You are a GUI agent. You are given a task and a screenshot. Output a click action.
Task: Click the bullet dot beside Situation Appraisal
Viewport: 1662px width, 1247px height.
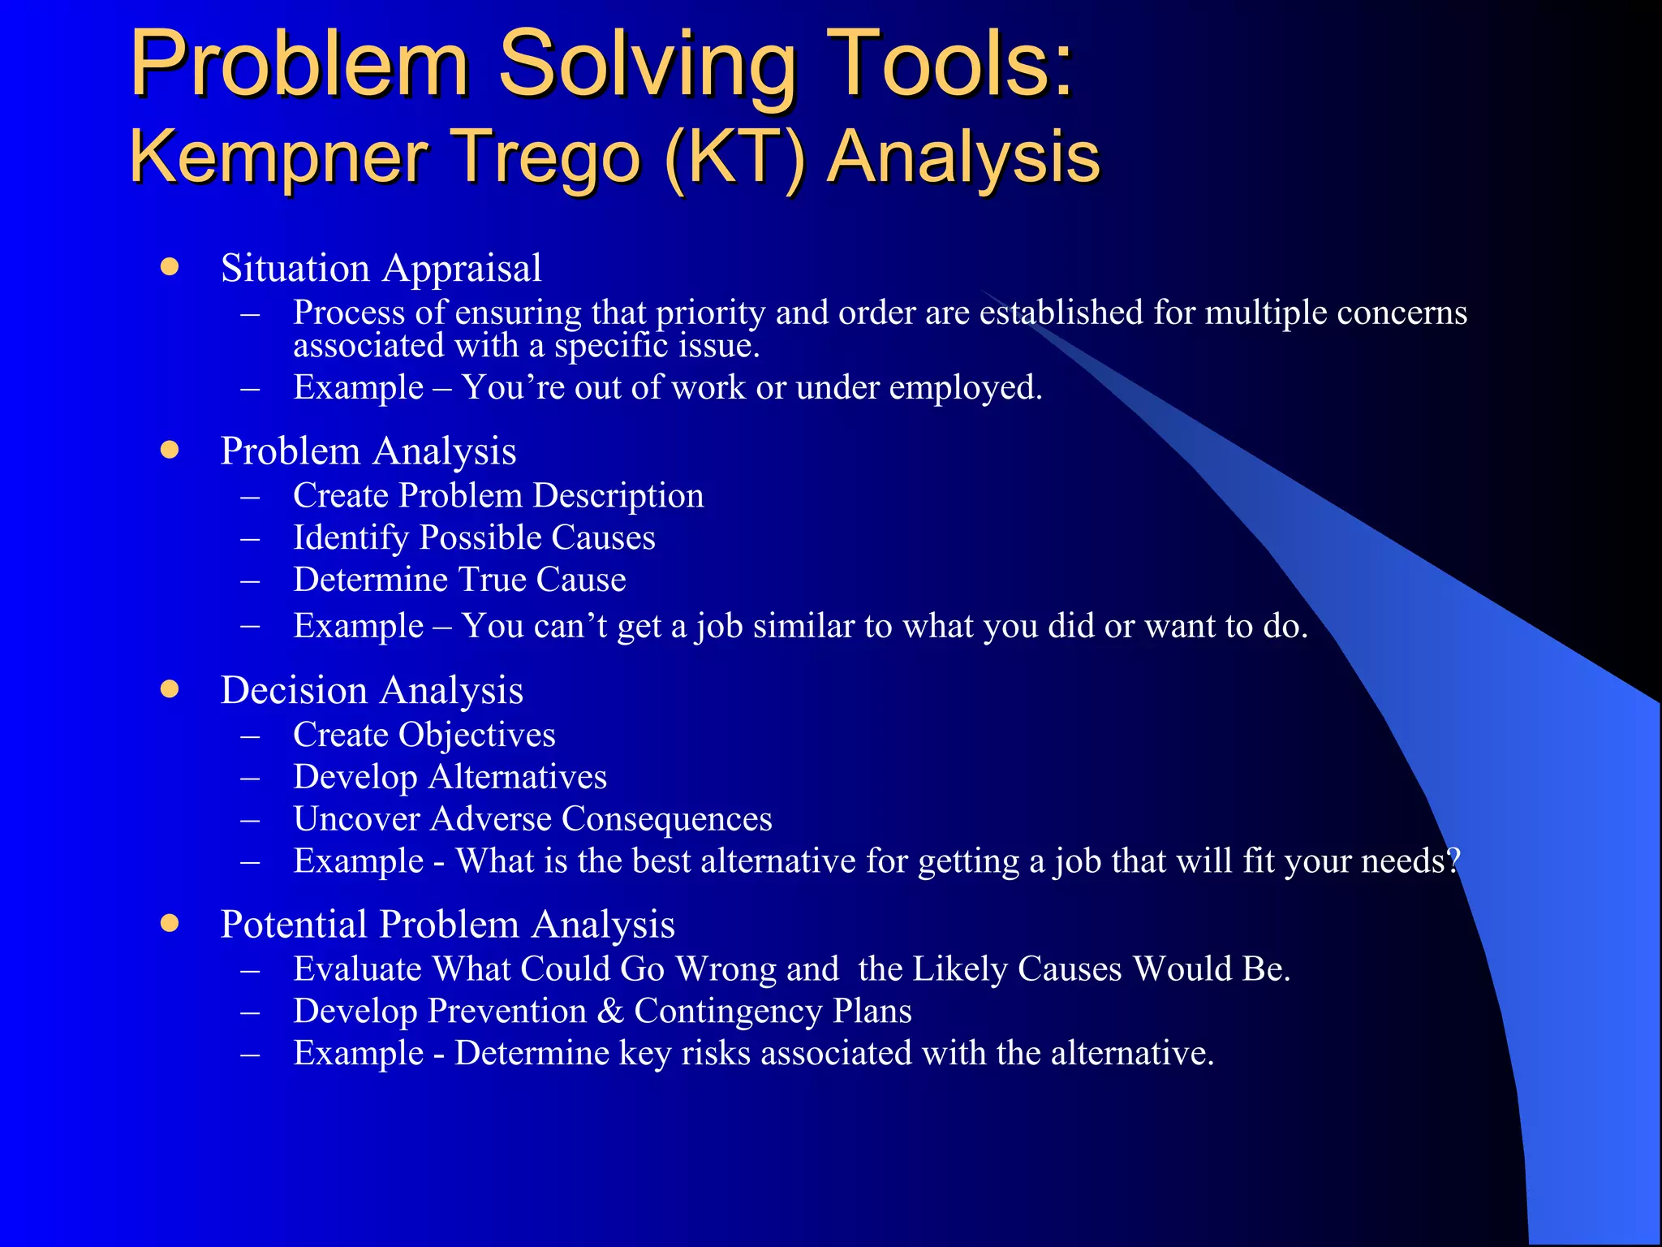(x=169, y=266)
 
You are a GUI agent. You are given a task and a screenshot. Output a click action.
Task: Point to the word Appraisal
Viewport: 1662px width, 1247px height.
(x=462, y=269)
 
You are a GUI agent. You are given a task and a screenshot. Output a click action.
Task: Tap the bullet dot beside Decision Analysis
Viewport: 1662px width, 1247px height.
(x=169, y=689)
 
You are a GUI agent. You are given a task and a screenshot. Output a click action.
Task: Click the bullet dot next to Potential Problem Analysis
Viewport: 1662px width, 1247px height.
(x=169, y=923)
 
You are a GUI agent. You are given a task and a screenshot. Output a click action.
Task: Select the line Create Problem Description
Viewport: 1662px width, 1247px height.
(x=498, y=496)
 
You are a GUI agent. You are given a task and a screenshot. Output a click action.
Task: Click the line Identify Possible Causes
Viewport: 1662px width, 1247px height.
(x=474, y=538)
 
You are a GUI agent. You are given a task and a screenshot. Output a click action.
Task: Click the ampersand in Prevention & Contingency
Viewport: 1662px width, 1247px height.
(x=610, y=1012)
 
